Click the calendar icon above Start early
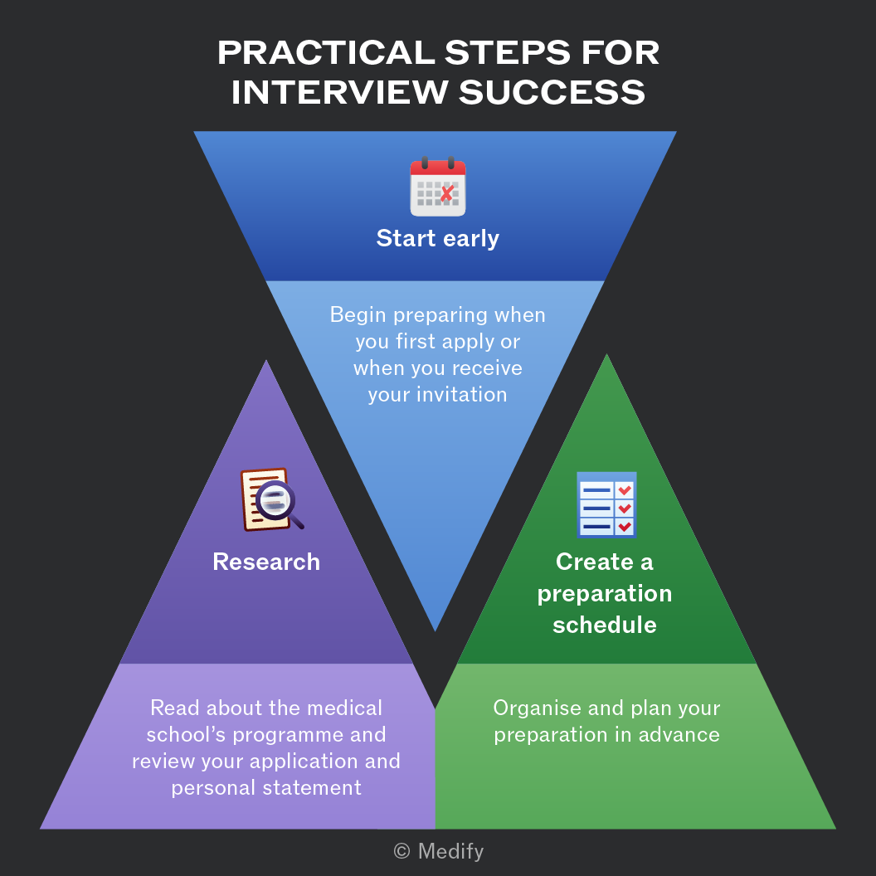[x=438, y=187]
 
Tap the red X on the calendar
[x=447, y=193]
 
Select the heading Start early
[x=437, y=239]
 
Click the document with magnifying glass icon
[x=272, y=499]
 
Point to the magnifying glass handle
[x=297, y=523]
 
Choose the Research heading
[x=266, y=562]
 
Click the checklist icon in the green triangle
[x=606, y=504]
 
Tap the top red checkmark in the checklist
[x=625, y=490]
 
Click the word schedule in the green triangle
[x=605, y=625]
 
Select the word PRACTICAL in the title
[x=326, y=52]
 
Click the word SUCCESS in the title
[x=552, y=92]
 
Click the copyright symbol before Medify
[x=401, y=851]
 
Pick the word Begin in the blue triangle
[x=358, y=315]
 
